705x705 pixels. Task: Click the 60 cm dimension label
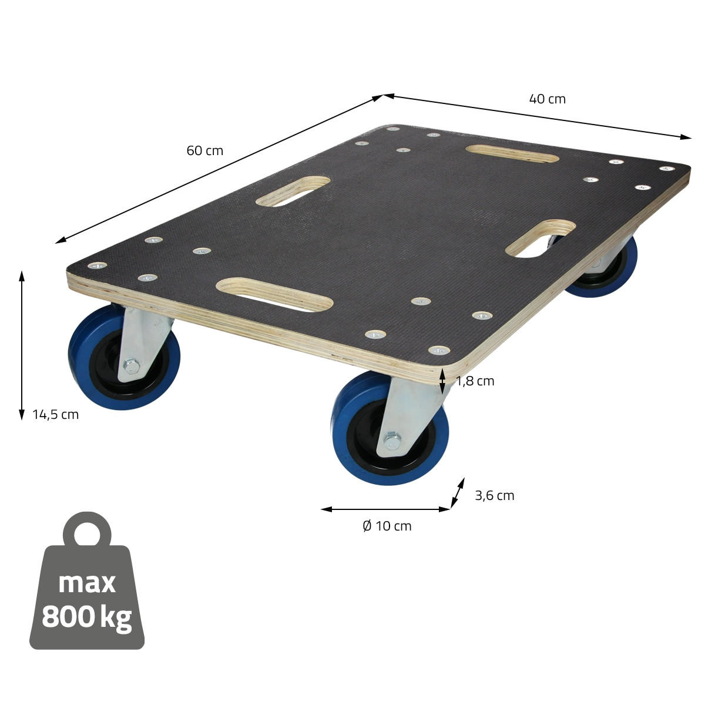click(205, 150)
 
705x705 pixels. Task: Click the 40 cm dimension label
click(547, 99)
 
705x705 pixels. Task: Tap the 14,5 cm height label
click(55, 414)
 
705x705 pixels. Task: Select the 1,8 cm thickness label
click(475, 381)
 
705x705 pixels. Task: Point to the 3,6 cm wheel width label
click(494, 495)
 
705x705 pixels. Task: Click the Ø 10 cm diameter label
click(387, 526)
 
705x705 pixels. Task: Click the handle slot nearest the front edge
click(274, 295)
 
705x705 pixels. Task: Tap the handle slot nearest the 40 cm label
click(512, 154)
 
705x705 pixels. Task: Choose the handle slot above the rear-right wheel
click(540, 238)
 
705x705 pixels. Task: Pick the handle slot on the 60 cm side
click(293, 191)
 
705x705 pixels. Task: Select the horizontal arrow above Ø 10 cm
click(385, 509)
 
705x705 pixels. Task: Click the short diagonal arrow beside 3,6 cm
click(457, 492)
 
